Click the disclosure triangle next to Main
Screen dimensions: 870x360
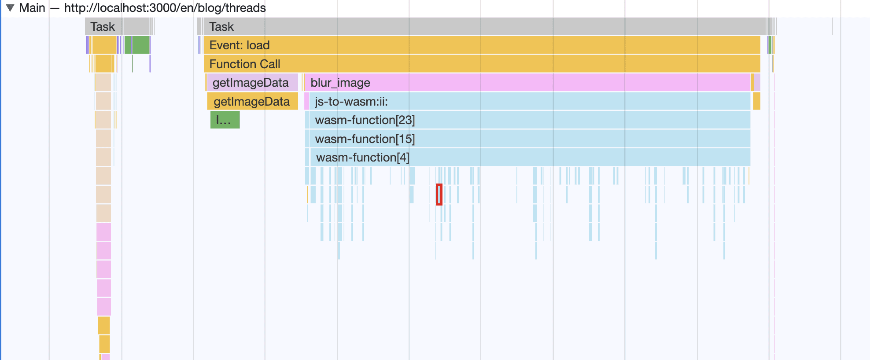[10, 8]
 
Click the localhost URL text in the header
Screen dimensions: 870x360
[165, 8]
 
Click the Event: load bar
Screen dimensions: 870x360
[482, 45]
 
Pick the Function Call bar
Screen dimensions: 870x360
[482, 64]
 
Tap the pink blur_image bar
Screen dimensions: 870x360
[527, 82]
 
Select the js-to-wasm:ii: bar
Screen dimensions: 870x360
[530, 101]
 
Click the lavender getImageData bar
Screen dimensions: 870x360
[252, 82]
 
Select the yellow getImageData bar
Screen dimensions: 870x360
[253, 101]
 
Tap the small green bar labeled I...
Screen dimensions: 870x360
[225, 120]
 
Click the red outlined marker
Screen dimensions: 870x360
[439, 195]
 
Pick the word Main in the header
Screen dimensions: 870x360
[32, 8]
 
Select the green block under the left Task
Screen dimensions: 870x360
[141, 45]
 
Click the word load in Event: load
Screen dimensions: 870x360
[258, 45]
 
